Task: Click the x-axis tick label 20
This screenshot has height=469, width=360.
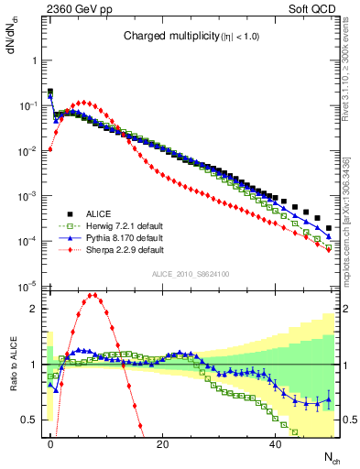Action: (162, 443)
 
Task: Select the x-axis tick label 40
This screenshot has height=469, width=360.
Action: (275, 443)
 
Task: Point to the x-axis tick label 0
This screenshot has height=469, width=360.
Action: (50, 443)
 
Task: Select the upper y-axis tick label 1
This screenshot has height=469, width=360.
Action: (30, 60)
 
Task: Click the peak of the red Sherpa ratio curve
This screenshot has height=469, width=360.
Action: (94, 295)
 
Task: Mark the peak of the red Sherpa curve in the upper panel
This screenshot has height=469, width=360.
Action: (83, 103)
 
